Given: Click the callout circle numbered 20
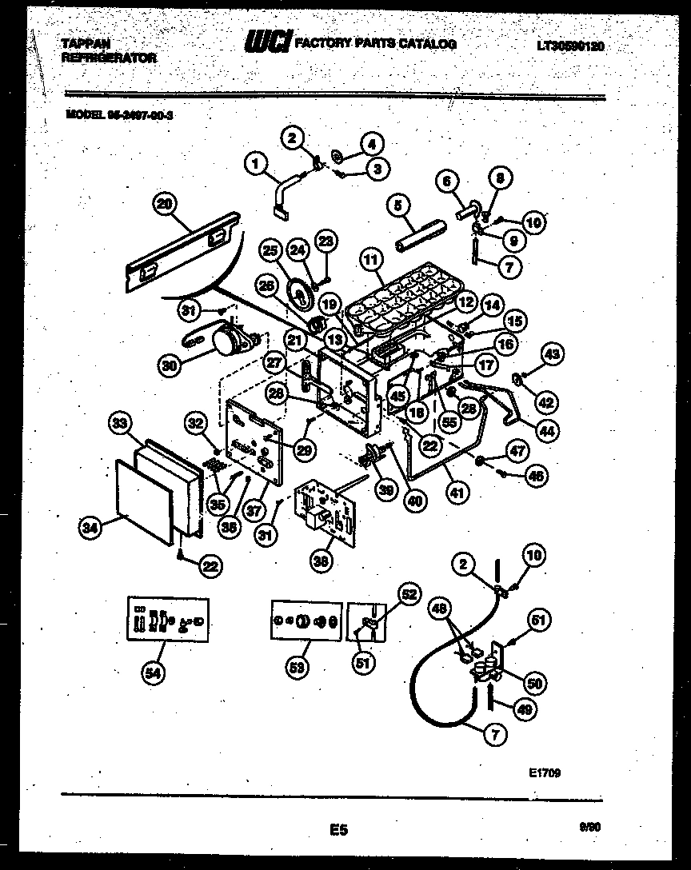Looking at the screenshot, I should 164,205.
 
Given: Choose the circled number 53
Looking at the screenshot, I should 298,671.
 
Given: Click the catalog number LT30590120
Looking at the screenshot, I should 570,46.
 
